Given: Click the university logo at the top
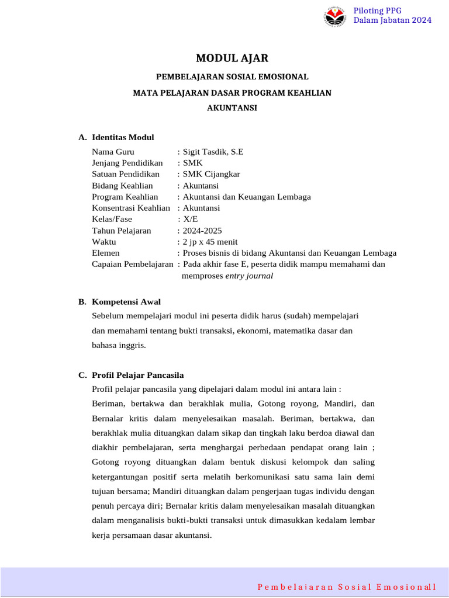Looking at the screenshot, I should tap(335, 16).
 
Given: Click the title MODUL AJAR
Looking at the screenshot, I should tap(232, 58).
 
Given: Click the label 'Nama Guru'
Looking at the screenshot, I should tap(113, 152).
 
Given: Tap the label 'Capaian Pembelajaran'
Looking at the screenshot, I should tap(133, 264).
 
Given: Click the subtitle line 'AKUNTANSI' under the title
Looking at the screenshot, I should tap(232, 108).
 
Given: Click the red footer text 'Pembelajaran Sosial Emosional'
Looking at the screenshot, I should tap(347, 586).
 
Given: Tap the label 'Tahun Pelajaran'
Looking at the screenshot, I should tap(121, 231).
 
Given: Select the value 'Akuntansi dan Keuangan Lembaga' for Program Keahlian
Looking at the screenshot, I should tap(247, 197).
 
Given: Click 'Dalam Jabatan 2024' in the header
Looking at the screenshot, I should tap(392, 20).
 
